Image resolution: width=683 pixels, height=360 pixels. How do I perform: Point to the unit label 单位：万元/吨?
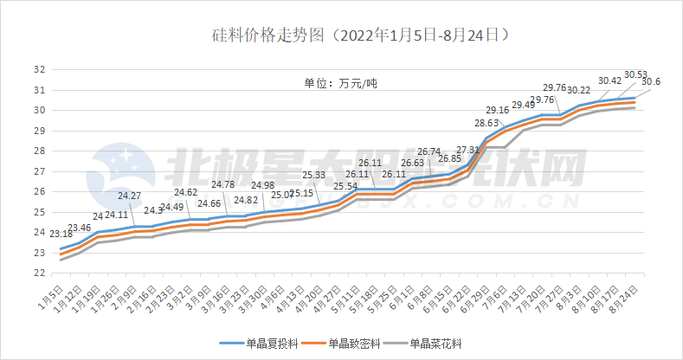click(x=340, y=84)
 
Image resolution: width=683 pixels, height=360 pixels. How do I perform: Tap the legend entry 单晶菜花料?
click(x=449, y=343)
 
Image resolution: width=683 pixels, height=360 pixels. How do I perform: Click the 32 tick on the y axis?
click(x=40, y=70)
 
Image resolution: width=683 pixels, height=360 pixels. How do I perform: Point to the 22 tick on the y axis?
click(x=40, y=273)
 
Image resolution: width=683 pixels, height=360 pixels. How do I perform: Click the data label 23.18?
click(x=61, y=234)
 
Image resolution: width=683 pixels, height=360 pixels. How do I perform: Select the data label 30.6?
click(x=652, y=81)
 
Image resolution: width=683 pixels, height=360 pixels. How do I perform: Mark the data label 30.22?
click(x=578, y=90)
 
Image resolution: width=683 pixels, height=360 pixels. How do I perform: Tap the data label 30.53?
click(x=636, y=74)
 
